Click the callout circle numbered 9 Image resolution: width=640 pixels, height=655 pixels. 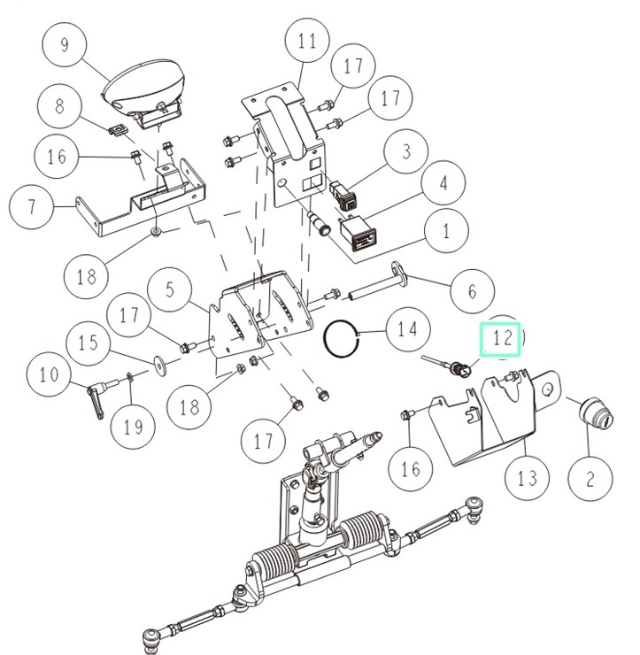coord(64,43)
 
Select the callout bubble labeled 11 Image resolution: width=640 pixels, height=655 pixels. coord(307,42)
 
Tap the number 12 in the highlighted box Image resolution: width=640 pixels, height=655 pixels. coord(502,338)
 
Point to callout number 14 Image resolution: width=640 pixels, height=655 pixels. coord(406,330)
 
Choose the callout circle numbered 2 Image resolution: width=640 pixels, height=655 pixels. coord(589,480)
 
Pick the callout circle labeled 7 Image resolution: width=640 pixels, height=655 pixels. coord(32,208)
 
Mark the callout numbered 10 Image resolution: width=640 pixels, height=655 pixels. coord(49,374)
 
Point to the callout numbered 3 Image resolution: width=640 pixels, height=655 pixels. coord(406,150)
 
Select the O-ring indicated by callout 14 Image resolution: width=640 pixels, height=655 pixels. coord(341,337)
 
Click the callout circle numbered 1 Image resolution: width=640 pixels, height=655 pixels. coord(444,231)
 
